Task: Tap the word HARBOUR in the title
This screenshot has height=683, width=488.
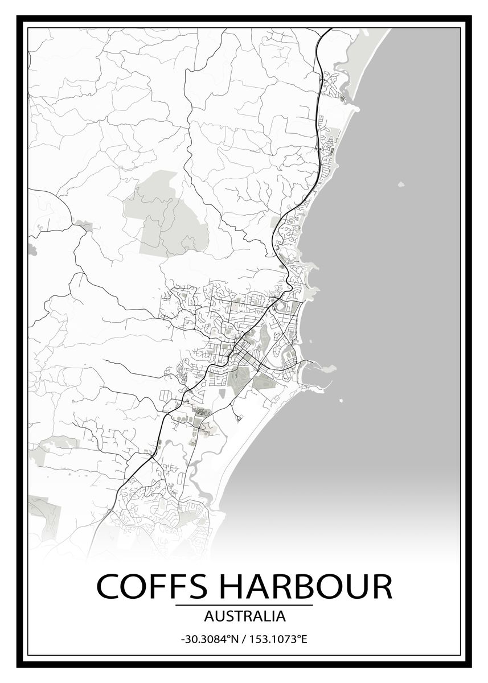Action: pos(301,586)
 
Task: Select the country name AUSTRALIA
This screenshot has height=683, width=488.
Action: pos(244,616)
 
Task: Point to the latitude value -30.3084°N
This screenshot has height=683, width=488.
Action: pos(208,639)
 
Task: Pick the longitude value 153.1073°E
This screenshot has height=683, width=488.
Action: pos(277,639)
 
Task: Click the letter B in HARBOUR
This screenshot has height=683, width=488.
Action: pos(309,586)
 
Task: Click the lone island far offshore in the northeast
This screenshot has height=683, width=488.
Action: pos(401,184)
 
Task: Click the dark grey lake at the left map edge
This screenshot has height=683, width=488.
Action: pos(31,249)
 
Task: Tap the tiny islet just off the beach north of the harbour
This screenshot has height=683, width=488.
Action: pos(311,341)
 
